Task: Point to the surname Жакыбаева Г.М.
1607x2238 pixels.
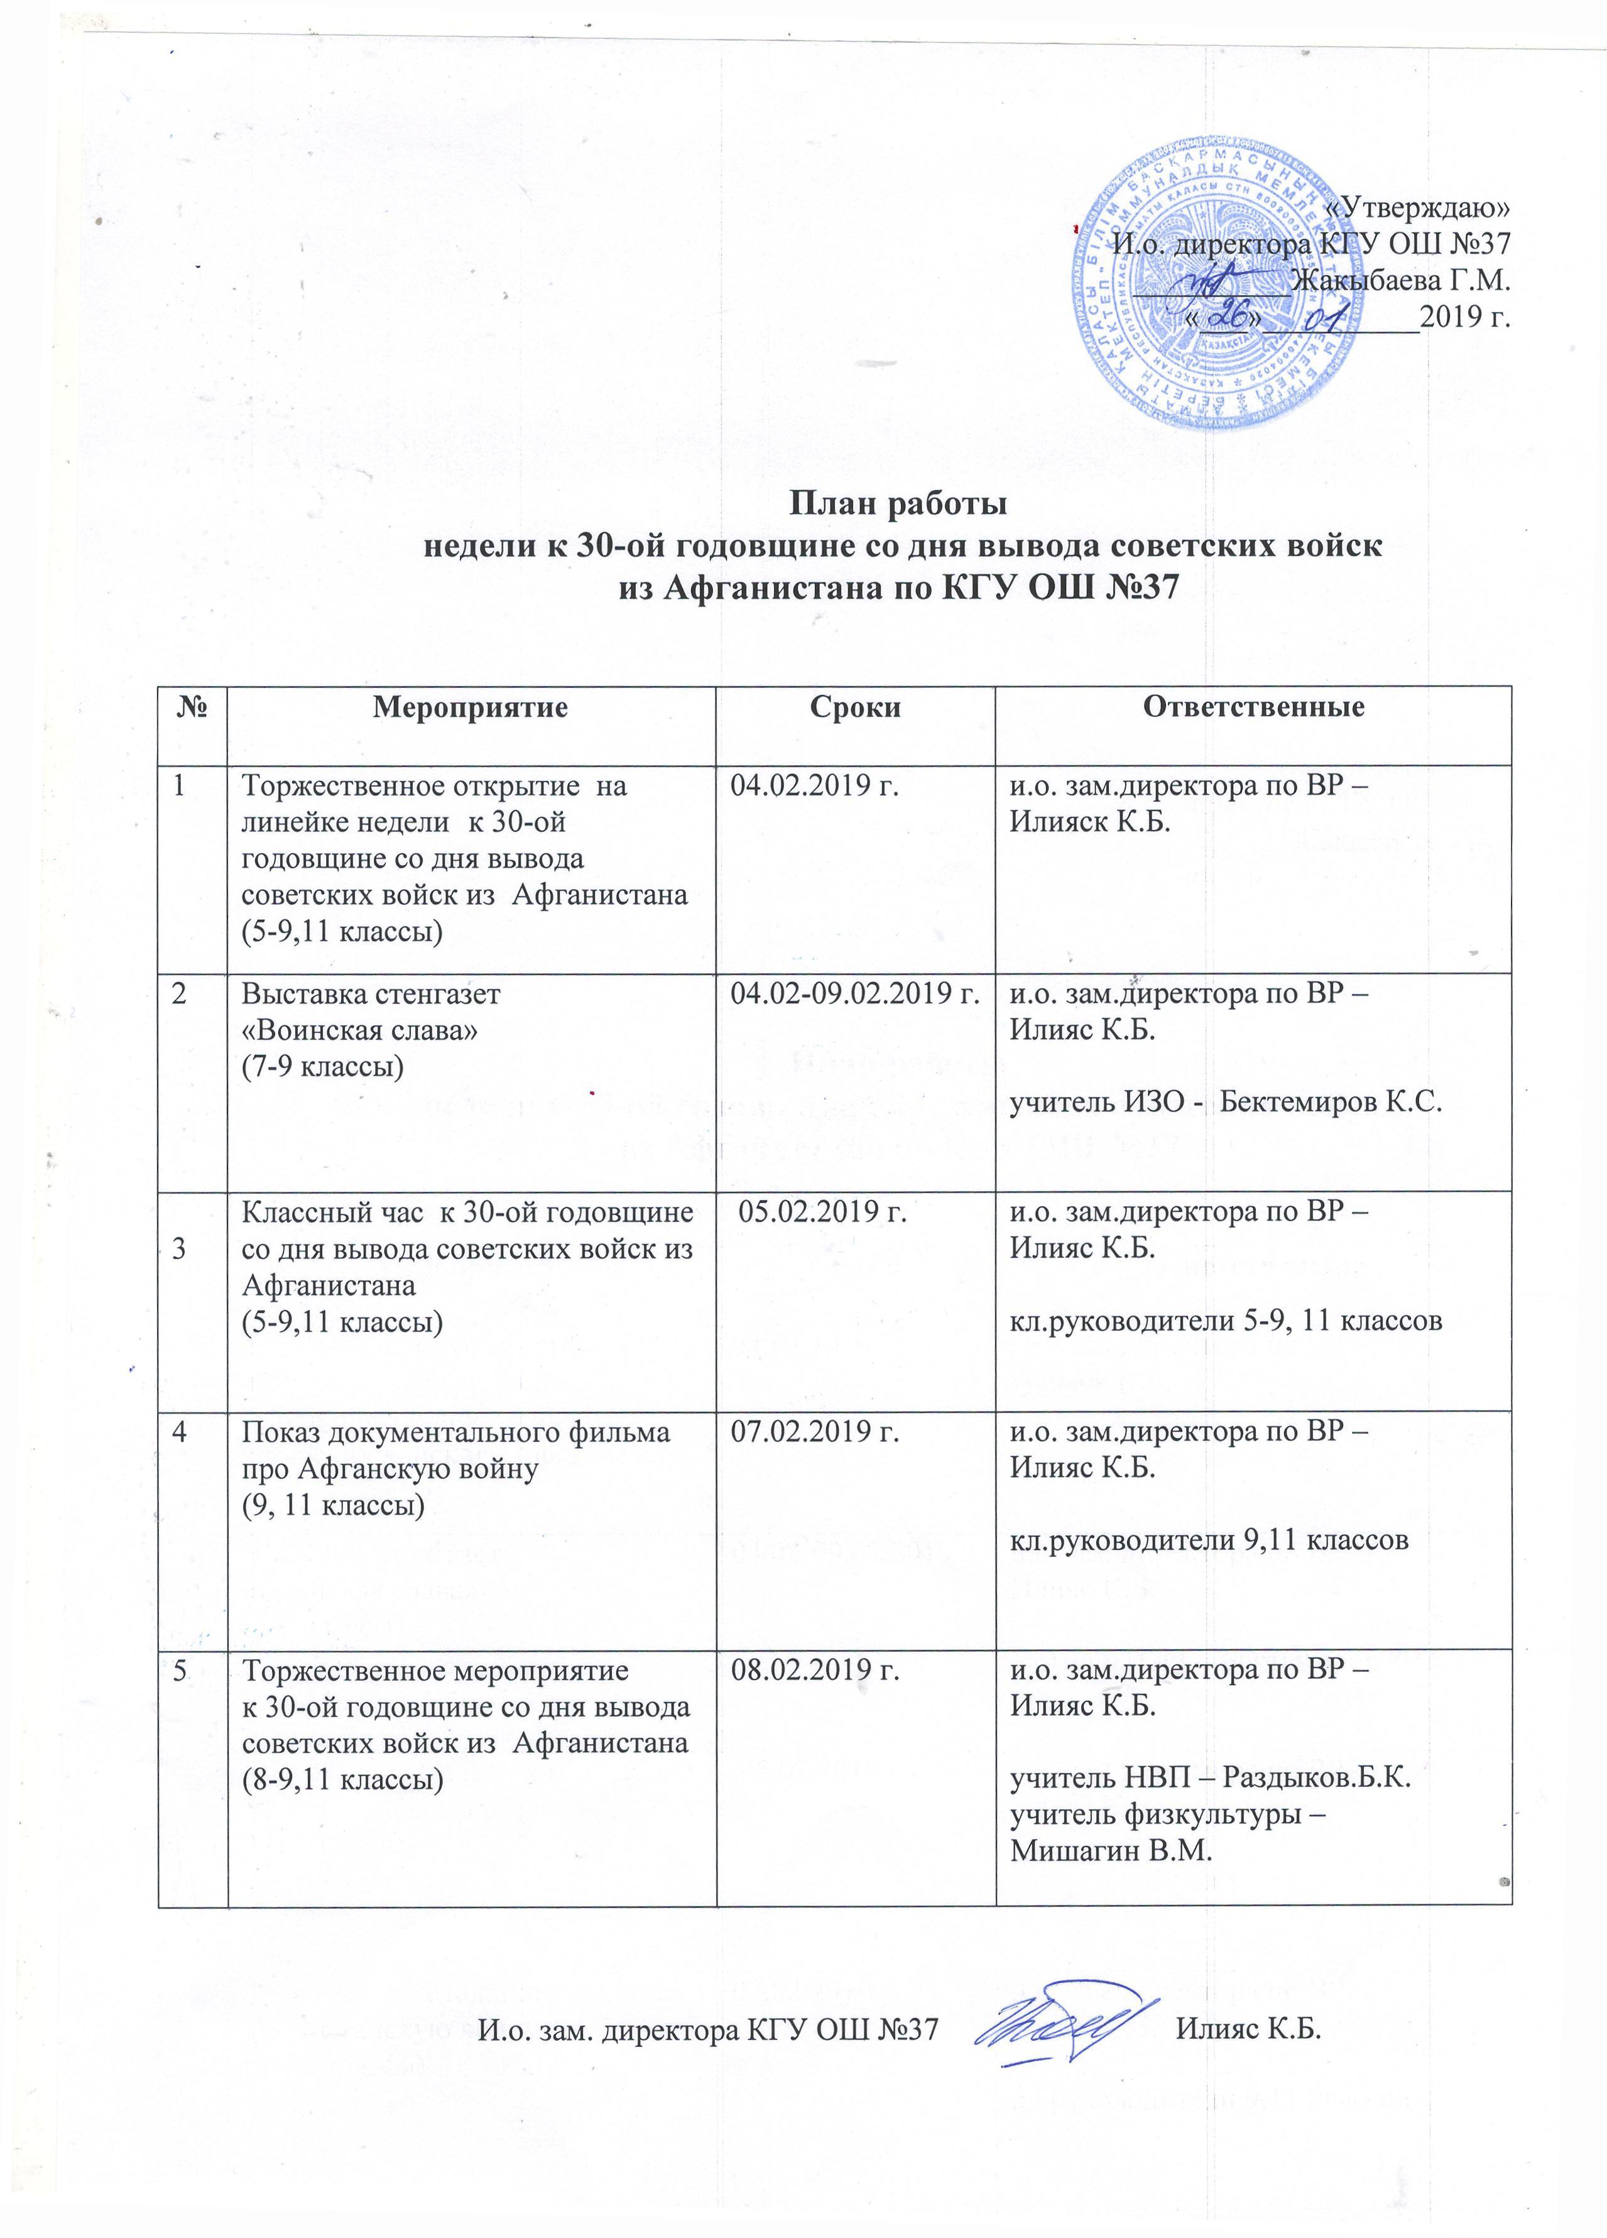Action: (1401, 281)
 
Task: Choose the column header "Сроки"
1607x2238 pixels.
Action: (854, 707)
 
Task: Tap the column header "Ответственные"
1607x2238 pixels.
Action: (1253, 707)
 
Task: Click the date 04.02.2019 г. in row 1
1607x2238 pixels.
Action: (815, 787)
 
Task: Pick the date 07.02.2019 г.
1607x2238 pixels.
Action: (815, 1432)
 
